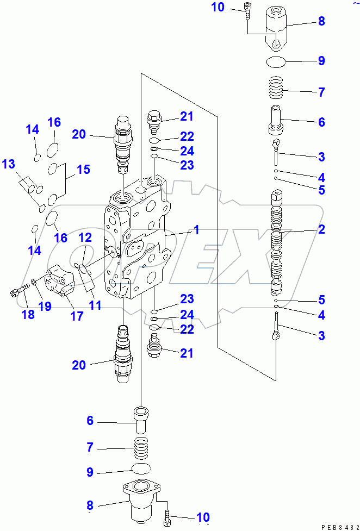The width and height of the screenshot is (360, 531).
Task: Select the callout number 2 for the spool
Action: (321, 229)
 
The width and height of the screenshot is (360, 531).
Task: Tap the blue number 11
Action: (95, 305)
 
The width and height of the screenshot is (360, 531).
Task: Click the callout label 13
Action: (8, 164)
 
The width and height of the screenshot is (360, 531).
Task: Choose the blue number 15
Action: (83, 170)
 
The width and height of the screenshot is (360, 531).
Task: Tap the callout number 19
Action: (45, 307)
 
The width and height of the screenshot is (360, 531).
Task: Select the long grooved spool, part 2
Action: (277, 239)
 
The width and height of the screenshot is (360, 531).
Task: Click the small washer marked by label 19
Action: (34, 281)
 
